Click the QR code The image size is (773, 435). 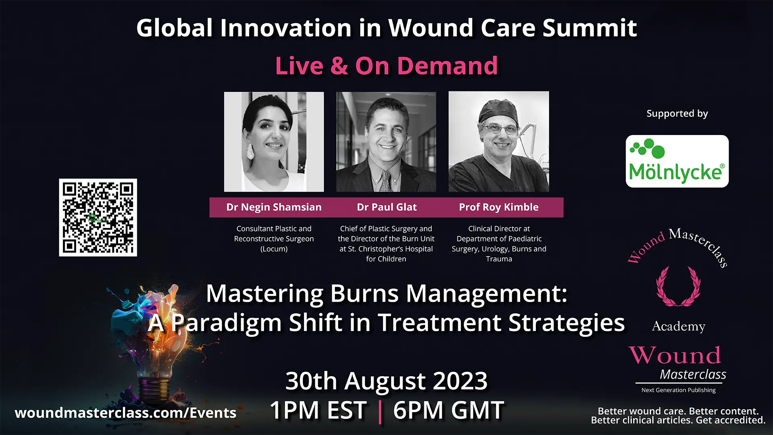click(98, 217)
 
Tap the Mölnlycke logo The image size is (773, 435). click(677, 161)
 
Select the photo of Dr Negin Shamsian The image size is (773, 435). click(274, 142)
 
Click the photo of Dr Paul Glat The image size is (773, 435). click(386, 142)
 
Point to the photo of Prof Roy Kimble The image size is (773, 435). click(499, 142)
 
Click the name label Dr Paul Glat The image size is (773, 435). click(386, 207)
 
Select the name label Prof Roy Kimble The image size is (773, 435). click(498, 207)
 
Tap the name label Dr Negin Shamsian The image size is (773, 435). click(274, 207)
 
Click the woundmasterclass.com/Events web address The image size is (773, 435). click(125, 413)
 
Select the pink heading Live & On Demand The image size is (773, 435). click(386, 66)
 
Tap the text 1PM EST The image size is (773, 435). click(318, 410)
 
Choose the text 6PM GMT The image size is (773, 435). click(448, 410)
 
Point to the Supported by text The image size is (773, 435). click(677, 114)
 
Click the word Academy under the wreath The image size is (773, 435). click(678, 326)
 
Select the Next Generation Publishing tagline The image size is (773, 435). click(678, 390)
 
